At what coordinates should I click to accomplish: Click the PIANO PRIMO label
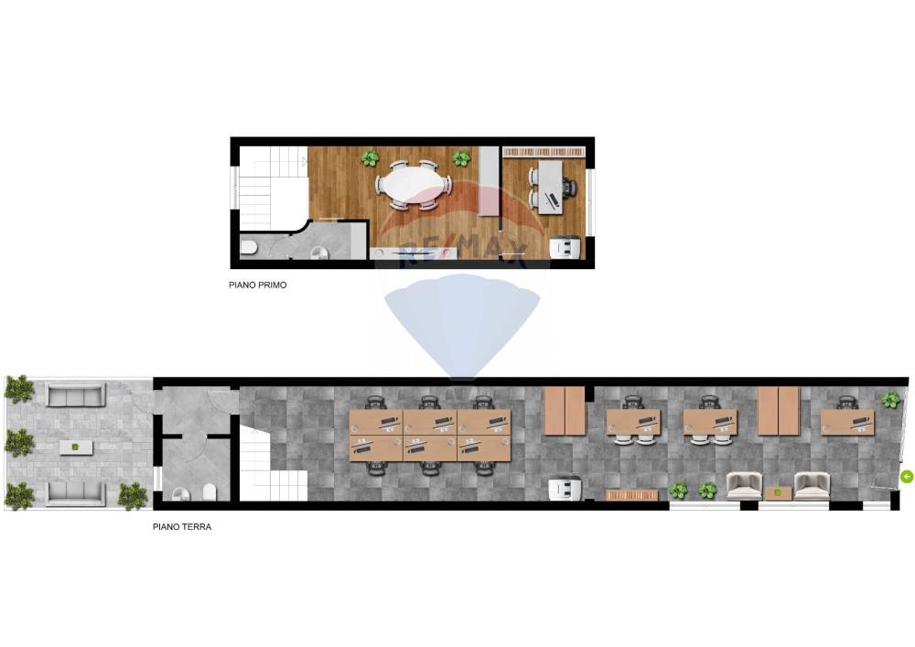point(257,286)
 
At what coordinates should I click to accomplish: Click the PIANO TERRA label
point(182,527)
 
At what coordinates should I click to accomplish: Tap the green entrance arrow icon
point(906,477)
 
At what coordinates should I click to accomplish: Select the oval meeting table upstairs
point(414,186)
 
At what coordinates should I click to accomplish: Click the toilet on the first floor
point(249,248)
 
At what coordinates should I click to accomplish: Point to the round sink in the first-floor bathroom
point(319,252)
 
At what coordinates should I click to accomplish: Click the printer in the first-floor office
point(565,247)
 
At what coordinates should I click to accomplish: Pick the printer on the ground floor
point(565,488)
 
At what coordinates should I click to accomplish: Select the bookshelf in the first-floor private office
point(544,152)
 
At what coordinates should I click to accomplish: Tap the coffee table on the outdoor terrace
point(76,448)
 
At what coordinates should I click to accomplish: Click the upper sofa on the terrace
point(76,395)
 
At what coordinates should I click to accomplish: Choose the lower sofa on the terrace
point(76,493)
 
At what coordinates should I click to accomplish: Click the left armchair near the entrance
point(744,485)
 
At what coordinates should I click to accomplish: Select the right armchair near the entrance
point(813,485)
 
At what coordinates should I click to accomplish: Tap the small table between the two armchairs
point(778,493)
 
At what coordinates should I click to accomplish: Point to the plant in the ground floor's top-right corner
point(890,400)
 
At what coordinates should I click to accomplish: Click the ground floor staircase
point(273,464)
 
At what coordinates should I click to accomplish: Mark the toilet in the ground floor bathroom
point(210,493)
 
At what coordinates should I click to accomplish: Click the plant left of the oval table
point(369,157)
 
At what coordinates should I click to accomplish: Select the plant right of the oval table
point(460,157)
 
